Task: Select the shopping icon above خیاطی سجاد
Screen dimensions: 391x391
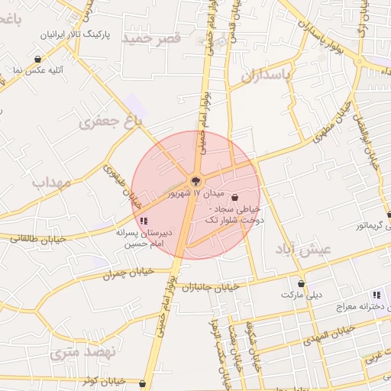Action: pos(234,196)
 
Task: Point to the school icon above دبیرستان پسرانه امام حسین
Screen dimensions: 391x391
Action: pos(144,221)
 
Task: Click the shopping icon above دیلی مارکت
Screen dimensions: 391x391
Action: pos(301,284)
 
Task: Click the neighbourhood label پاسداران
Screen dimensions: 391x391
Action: pos(267,76)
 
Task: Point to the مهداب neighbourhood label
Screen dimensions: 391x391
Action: pos(52,183)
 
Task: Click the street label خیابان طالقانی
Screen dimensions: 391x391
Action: pos(39,239)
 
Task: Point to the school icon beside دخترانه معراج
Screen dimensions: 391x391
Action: pos(376,295)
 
